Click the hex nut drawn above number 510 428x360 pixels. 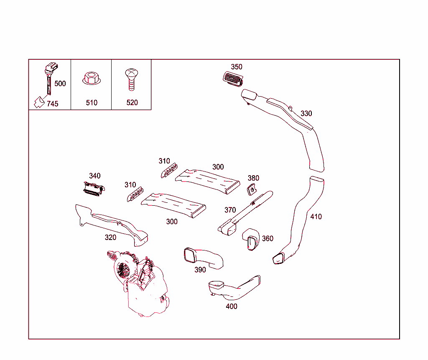pyautogui.click(x=91, y=78)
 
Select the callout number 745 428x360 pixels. pyautogui.click(x=52, y=104)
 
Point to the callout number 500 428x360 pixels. pyautogui.click(x=60, y=84)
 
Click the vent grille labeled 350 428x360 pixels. pyautogui.click(x=234, y=79)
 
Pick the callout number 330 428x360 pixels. pyautogui.click(x=306, y=114)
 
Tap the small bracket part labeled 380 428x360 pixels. pyautogui.click(x=252, y=189)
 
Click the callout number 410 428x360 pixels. pyautogui.click(x=316, y=217)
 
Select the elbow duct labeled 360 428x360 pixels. pyautogui.click(x=251, y=239)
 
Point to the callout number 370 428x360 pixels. pyautogui.click(x=230, y=210)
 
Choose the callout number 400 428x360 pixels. pyautogui.click(x=231, y=306)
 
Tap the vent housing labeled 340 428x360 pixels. pyautogui.click(x=93, y=189)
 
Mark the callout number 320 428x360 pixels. pyautogui.click(x=110, y=237)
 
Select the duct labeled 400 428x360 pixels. pyautogui.click(x=234, y=289)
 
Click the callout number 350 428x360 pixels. pyautogui.click(x=237, y=67)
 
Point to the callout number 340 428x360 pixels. pyautogui.click(x=95, y=176)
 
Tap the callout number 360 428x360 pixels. pyautogui.click(x=267, y=239)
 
